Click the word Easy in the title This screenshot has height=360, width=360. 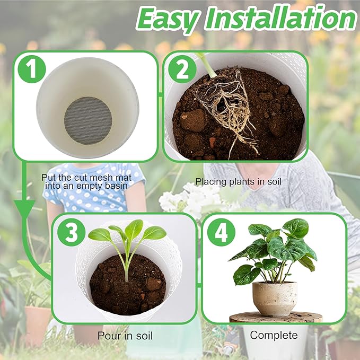[168, 19]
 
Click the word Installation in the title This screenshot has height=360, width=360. [280, 18]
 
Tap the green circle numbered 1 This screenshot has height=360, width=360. [32, 69]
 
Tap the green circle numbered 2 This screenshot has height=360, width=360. [182, 69]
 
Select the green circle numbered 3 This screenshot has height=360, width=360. [72, 232]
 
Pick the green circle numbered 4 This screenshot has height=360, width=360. [221, 232]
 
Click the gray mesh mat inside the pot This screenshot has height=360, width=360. [88, 120]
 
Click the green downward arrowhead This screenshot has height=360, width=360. [24, 208]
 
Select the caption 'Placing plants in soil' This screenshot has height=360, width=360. [238, 182]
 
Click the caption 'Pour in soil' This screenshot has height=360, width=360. [125, 336]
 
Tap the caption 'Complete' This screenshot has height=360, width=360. [274, 335]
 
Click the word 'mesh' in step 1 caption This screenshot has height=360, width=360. [98, 178]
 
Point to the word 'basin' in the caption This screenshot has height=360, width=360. [116, 186]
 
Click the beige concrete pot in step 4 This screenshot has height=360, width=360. [275, 299]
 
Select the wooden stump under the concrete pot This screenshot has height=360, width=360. [276, 317]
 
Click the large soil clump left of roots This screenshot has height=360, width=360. [192, 120]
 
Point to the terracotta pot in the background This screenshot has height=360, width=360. [37, 326]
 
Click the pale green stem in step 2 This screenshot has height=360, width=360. [207, 65]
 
